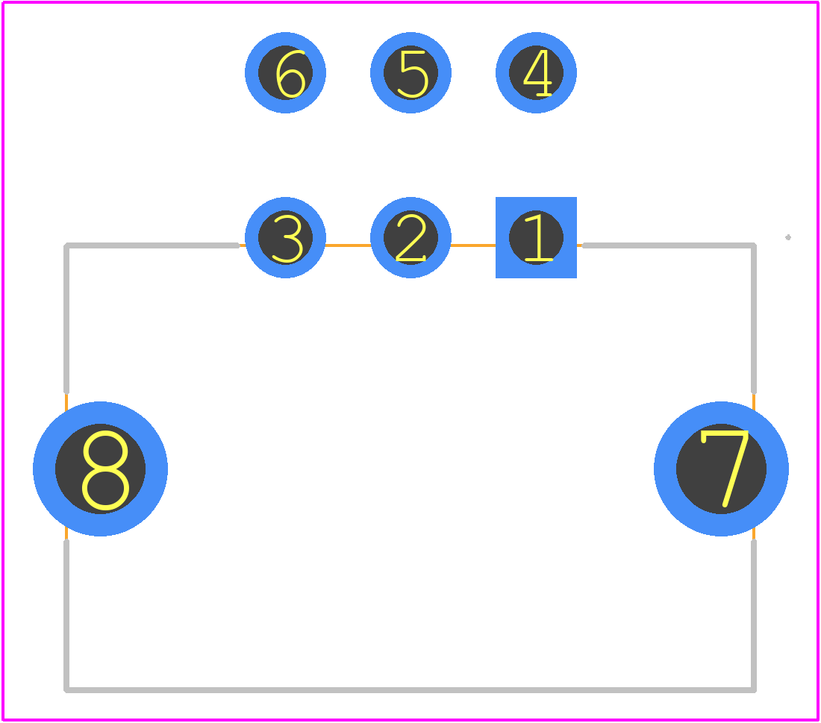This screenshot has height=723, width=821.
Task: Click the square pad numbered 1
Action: (x=536, y=238)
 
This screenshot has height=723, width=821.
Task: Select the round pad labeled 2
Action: (x=410, y=238)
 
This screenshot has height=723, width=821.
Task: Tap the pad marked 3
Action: (x=285, y=238)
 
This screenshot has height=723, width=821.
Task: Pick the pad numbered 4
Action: (x=536, y=73)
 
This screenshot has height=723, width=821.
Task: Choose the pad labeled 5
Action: (x=410, y=73)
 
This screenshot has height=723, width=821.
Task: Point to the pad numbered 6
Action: (x=285, y=73)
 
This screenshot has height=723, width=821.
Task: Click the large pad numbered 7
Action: (x=721, y=469)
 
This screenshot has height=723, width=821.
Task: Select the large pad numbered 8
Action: (x=101, y=469)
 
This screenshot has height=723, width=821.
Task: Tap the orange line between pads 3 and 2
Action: (x=349, y=245)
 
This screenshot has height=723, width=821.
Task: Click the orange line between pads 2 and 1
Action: (x=473, y=245)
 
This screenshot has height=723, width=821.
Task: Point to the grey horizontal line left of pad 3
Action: (x=152, y=245)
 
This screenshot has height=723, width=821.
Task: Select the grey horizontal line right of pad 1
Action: (x=669, y=245)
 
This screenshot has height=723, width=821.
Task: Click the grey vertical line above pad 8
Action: (x=66, y=319)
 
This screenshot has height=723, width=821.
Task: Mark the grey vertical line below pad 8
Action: (x=66, y=616)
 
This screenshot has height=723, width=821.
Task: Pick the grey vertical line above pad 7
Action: (x=754, y=319)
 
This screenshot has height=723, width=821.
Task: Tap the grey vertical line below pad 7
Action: (x=754, y=616)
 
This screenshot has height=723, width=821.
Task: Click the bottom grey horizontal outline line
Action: (x=410, y=690)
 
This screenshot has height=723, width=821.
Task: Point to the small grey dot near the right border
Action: (x=788, y=237)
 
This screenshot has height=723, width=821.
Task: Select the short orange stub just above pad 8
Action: (x=66, y=402)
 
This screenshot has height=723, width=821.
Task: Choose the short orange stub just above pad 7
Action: (x=754, y=402)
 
